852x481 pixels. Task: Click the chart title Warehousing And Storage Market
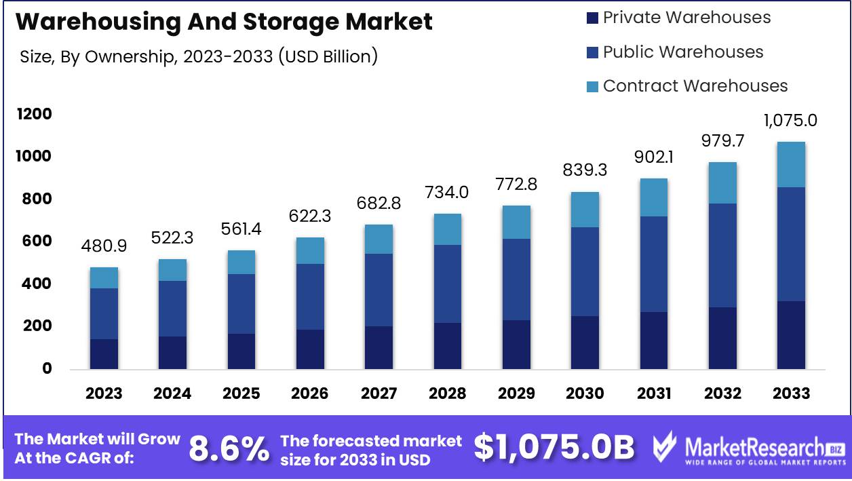click(x=224, y=22)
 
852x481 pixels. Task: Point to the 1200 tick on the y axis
click(x=34, y=114)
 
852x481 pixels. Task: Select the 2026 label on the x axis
click(x=310, y=393)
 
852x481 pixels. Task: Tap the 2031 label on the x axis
click(x=654, y=393)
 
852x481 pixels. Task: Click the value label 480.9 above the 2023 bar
click(x=104, y=246)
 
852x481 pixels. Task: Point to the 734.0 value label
click(x=448, y=192)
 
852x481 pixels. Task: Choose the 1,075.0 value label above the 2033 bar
click(x=790, y=121)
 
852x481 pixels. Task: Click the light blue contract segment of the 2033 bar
click(x=791, y=165)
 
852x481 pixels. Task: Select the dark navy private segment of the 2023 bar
click(x=104, y=354)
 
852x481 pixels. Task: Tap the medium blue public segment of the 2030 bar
click(x=585, y=271)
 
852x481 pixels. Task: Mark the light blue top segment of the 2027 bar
click(x=379, y=239)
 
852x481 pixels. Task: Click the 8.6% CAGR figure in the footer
click(x=229, y=448)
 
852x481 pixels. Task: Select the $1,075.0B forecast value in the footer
click(x=554, y=448)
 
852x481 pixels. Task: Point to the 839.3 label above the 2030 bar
click(x=585, y=170)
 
